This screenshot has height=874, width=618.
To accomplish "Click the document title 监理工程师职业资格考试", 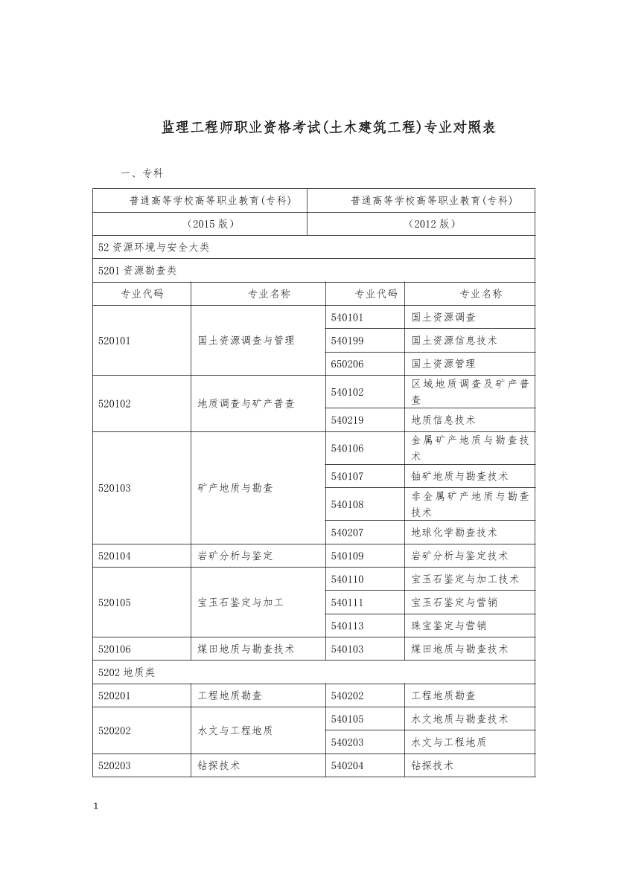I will point(328,128).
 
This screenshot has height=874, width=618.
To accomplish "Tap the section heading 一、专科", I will point(141,173).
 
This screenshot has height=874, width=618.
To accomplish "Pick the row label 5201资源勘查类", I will point(138,271).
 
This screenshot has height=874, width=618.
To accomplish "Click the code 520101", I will point(115,341).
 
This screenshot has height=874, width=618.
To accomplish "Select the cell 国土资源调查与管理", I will point(246,341).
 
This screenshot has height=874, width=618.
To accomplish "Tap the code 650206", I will point(347,364).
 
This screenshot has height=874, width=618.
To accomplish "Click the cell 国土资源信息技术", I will point(454,341).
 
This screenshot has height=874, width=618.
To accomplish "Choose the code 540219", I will point(347,420).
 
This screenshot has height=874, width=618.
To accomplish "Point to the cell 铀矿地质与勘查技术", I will point(459,476).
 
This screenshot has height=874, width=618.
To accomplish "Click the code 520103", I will point(115,488).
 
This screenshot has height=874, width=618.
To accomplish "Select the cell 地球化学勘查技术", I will point(454,533).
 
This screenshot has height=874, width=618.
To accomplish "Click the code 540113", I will point(347,626).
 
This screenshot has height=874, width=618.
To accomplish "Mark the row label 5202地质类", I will point(127,672).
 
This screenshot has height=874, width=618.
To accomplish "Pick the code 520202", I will point(115,730).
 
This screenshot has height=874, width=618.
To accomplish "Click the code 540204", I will point(347,765).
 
